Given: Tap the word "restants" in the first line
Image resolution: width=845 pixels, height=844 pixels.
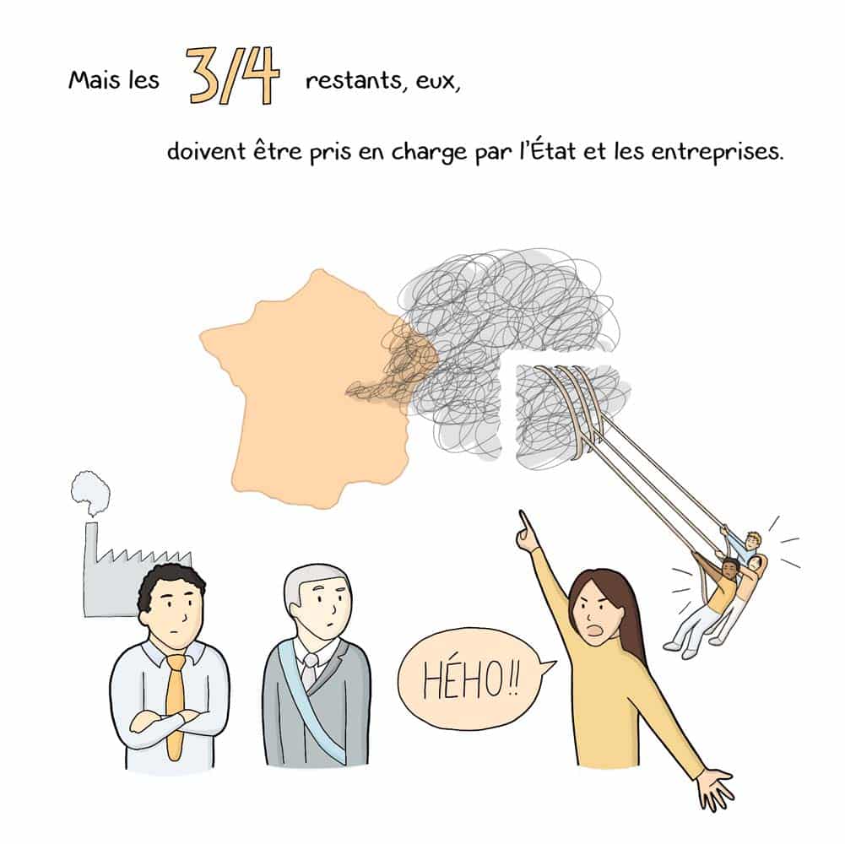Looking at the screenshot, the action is pos(354,81).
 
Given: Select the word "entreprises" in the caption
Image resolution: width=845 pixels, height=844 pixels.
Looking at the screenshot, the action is pos(718,152).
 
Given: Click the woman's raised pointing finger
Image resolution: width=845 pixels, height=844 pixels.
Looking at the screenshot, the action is pos(523,525).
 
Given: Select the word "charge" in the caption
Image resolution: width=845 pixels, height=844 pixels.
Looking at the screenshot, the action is pos(429,153).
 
